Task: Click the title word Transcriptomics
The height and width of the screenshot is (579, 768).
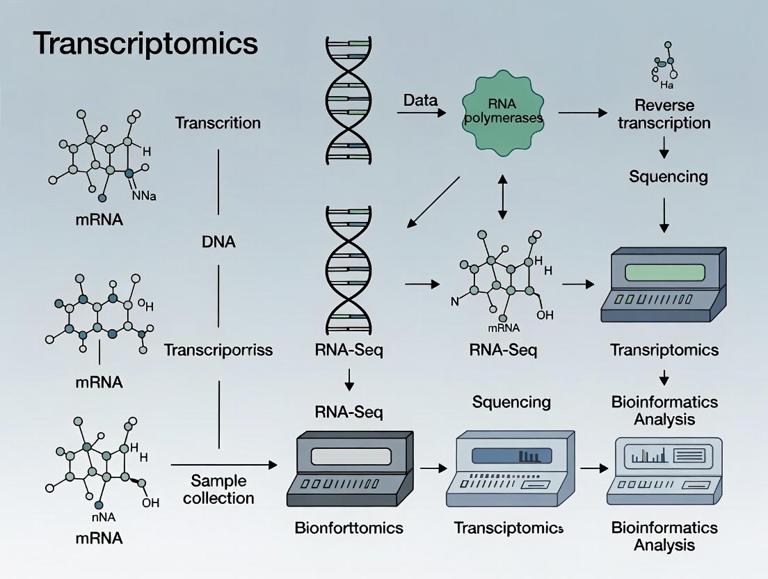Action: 145,44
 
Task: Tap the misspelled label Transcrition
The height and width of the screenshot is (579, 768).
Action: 218,123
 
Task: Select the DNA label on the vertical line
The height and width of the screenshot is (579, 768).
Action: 218,242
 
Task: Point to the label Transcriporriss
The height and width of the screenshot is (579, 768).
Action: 218,349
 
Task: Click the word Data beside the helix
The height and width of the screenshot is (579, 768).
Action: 420,100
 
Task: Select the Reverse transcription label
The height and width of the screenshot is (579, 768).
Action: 664,114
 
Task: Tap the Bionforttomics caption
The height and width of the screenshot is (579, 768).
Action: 349,528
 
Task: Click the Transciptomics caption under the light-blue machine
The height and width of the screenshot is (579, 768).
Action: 509,528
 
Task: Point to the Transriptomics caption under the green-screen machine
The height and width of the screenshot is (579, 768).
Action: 664,349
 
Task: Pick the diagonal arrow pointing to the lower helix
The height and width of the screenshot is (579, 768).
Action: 433,202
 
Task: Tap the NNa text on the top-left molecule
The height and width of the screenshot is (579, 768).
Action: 144,196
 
